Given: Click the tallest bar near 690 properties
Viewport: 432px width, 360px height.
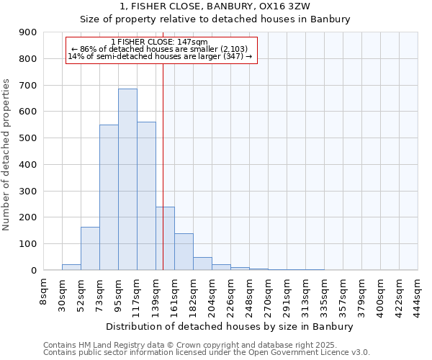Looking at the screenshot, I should [x=127, y=179].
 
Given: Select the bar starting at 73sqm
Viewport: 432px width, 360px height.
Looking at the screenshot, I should [x=109, y=197].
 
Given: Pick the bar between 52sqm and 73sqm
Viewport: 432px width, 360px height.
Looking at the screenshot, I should [x=90, y=248].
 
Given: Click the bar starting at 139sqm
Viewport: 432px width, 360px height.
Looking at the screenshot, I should [x=165, y=238].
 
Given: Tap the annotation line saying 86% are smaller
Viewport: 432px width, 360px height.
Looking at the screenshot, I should [x=160, y=49].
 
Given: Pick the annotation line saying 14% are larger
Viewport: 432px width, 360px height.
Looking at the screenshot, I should [x=160, y=56].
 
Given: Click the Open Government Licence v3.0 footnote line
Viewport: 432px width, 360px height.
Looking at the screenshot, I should [x=206, y=353].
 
